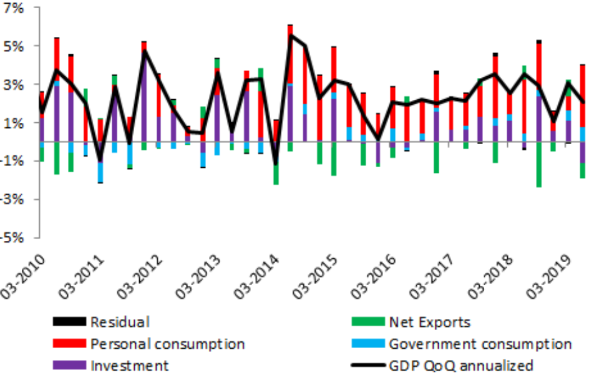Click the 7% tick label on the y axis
pos(14,8)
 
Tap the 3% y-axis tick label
pos(14,85)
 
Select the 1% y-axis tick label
pos(14,123)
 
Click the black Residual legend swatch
pos(69,323)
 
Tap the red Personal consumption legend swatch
pos(69,344)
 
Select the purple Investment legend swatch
pos(69,365)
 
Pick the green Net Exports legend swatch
pos(368,323)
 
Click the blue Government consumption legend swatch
pos(368,344)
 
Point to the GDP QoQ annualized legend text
pos(461,365)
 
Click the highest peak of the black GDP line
pos(290,35)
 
